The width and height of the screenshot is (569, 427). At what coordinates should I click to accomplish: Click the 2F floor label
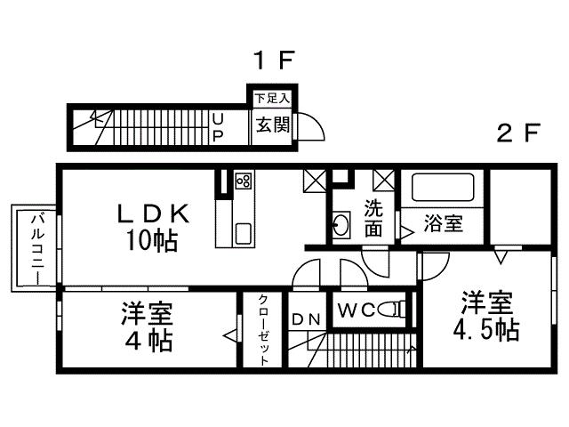click(519, 134)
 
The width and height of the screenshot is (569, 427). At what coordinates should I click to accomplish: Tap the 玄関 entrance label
click(273, 125)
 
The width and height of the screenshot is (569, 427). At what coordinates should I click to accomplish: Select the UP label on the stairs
click(217, 125)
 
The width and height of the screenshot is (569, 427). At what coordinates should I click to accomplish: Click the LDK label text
click(153, 213)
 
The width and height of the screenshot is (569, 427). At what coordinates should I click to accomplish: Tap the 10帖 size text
click(153, 239)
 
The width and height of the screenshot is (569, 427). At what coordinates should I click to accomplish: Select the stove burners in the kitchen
click(243, 182)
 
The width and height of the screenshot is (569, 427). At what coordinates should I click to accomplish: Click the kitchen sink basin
click(243, 235)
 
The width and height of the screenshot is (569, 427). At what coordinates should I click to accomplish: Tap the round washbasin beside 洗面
click(341, 224)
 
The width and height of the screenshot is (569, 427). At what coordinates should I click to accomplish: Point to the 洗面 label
click(373, 220)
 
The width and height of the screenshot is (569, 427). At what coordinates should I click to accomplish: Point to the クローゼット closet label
click(264, 329)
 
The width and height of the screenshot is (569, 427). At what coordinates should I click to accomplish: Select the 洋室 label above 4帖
click(148, 314)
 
